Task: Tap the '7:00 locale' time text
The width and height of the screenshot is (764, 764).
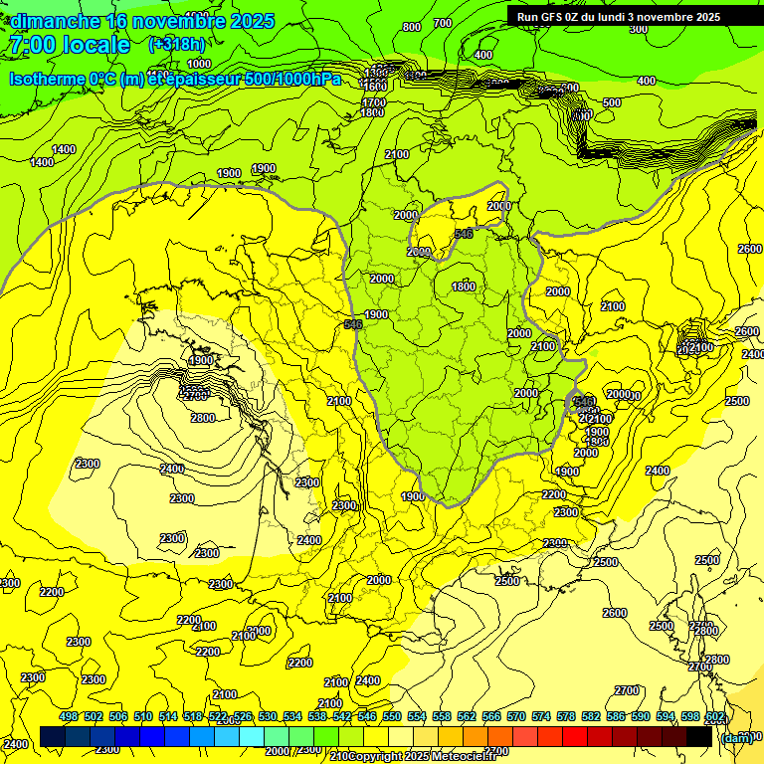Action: point(70,45)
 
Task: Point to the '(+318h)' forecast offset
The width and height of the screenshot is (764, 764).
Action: point(177,44)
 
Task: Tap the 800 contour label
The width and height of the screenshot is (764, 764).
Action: point(411,27)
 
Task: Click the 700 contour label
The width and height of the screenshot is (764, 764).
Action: point(443,23)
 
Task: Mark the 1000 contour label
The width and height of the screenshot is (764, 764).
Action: point(199,64)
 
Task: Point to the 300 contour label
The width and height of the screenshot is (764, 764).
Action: point(639,29)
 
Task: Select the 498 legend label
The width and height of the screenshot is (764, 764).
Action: point(69,716)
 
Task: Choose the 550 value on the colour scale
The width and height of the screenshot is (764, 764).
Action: point(392,716)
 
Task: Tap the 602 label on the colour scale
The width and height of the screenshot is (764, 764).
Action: point(714,716)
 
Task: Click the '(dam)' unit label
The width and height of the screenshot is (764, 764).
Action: point(736,737)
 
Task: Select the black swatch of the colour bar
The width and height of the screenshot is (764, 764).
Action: point(699,736)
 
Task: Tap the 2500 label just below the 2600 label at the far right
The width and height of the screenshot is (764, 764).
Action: point(737,401)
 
